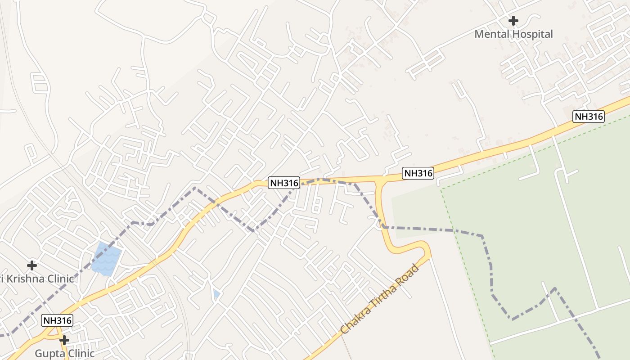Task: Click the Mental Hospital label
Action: (x=513, y=34)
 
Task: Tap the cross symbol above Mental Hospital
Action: (x=513, y=21)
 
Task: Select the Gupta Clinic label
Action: (x=65, y=353)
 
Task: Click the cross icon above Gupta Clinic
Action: (x=65, y=340)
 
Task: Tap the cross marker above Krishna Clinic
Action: (x=32, y=265)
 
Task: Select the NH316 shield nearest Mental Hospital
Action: (x=588, y=117)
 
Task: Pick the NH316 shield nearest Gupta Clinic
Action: (x=57, y=320)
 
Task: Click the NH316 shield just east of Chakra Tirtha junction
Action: (x=418, y=173)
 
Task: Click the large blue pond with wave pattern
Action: (x=107, y=259)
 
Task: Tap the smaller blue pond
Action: (x=217, y=294)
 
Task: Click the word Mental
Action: (x=491, y=34)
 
